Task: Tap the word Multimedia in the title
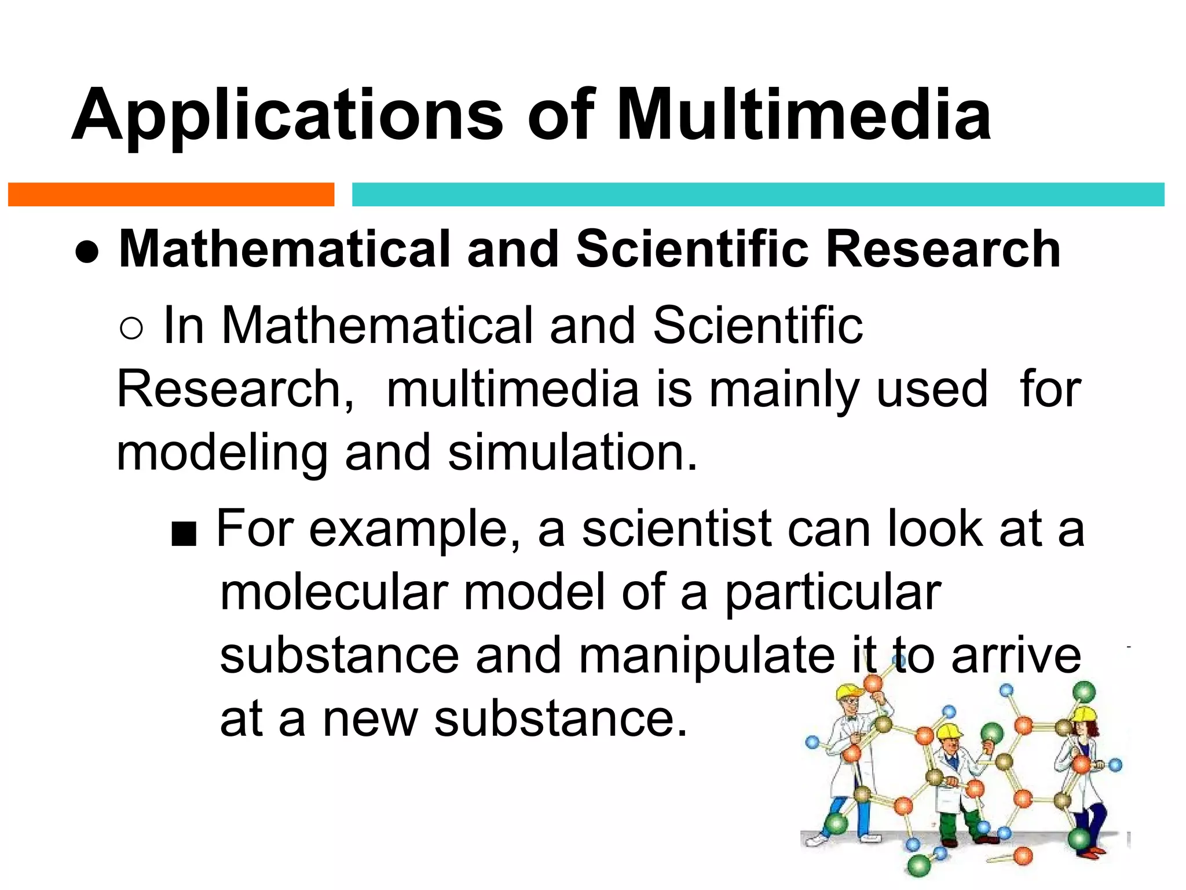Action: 804,114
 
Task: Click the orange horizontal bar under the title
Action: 171,195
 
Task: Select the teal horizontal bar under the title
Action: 757,195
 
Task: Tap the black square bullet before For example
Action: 184,535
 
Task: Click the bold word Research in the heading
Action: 943,249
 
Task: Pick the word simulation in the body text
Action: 572,453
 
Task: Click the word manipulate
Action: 707,656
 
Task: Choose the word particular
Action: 833,593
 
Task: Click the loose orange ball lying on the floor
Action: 1023,855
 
